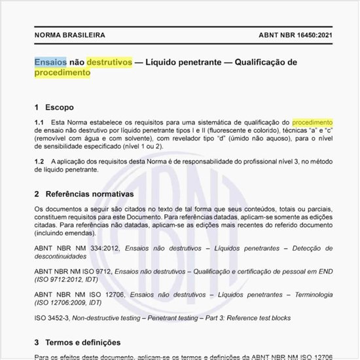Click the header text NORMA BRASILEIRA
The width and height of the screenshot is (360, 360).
click(x=69, y=35)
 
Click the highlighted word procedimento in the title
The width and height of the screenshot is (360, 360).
click(x=62, y=73)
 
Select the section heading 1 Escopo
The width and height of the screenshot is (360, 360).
click(x=54, y=107)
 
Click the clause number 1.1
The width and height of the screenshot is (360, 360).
click(x=39, y=122)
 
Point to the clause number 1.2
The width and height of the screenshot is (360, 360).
click(x=39, y=161)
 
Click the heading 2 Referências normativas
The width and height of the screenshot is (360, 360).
click(x=84, y=194)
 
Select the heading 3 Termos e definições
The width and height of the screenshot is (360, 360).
click(x=77, y=342)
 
